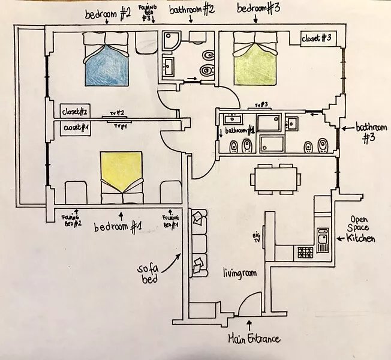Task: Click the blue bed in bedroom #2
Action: [x=107, y=59]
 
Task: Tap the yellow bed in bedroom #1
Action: [x=122, y=177]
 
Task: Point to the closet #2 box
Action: [x=75, y=111]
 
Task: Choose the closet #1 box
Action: [x=75, y=128]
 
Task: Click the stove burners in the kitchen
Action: [x=305, y=252]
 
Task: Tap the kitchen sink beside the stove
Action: [x=323, y=240]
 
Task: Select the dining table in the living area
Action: [x=275, y=179]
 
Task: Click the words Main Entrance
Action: [x=254, y=339]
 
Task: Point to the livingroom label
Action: [x=239, y=273]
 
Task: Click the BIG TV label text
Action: [x=257, y=238]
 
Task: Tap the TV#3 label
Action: [x=261, y=105]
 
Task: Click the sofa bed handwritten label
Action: [x=148, y=274]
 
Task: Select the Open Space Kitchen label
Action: [x=360, y=229]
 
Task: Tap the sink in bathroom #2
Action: [x=169, y=66]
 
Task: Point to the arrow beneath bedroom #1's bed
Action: [x=122, y=216]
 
